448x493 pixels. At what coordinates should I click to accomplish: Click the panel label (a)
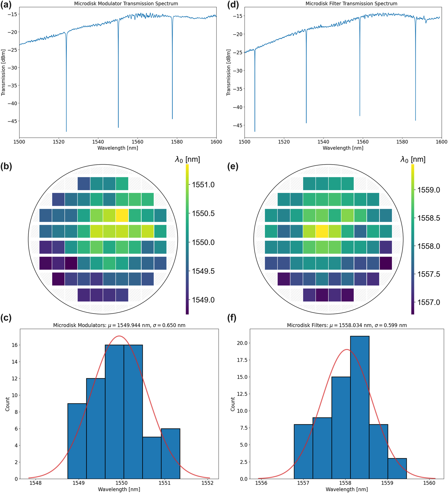tap(6, 5)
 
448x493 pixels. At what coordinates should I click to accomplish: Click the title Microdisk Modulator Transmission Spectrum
tap(126, 4)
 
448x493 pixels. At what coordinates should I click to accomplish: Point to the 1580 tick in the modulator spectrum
tap(177, 142)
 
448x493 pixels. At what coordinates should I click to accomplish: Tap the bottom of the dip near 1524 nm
tap(66, 131)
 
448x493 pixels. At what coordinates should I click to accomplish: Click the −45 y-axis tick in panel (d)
tap(237, 125)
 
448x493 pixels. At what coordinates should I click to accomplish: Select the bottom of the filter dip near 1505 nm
tap(255, 131)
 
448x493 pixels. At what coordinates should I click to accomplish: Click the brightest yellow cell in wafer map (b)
tap(122, 215)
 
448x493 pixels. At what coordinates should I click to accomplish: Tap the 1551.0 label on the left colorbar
tap(203, 185)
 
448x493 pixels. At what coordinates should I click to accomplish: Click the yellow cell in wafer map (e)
tap(322, 231)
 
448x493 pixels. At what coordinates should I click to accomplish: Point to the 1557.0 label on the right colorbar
tap(429, 302)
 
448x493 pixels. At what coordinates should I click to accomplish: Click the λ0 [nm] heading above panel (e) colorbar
tap(413, 160)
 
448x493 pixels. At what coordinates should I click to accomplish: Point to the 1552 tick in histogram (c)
tap(207, 483)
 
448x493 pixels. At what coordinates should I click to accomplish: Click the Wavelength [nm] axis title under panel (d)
tap(343, 148)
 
